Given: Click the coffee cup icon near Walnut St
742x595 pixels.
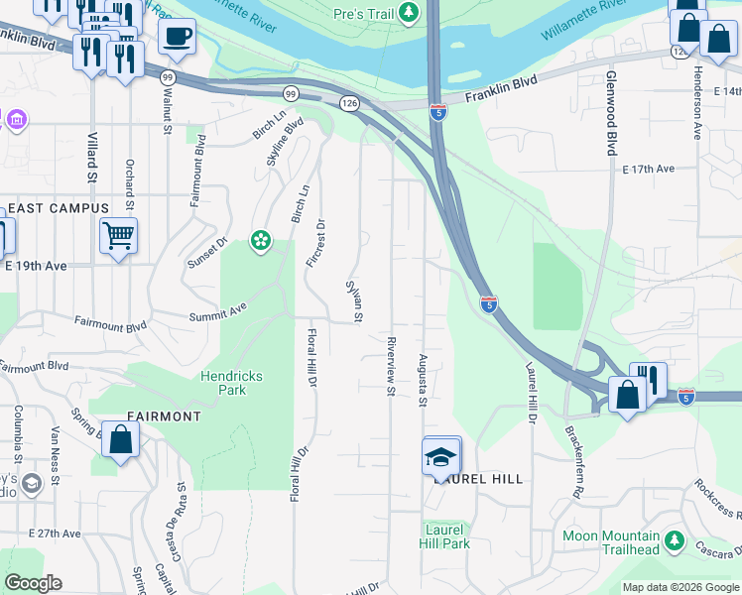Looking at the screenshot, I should click(178, 38).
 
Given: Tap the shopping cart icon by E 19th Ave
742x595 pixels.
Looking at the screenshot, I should click(118, 236).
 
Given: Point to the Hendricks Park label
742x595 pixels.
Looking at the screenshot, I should click(208, 383).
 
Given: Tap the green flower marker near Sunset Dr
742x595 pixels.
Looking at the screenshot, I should click(261, 240).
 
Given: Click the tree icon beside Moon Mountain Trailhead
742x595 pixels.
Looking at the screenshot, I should click(675, 540).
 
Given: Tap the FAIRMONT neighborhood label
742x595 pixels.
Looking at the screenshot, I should click(165, 416).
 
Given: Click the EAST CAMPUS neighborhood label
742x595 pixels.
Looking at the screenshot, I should click(58, 208).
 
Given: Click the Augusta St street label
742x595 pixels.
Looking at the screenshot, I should click(423, 380).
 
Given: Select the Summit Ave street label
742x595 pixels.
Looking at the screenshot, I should click(224, 311).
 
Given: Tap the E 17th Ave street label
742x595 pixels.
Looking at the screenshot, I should click(649, 170).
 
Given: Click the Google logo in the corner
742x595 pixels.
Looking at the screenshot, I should click(33, 583).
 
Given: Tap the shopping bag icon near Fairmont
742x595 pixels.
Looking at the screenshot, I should click(120, 441).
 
